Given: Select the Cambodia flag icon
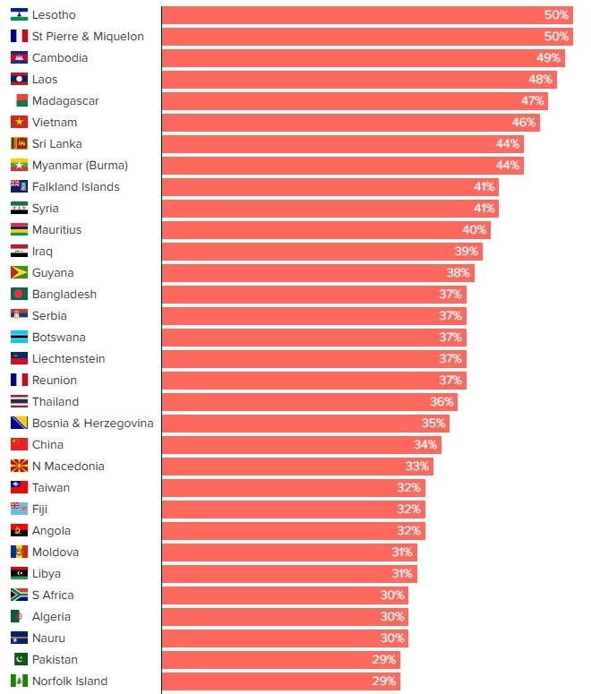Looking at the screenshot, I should click(19, 58).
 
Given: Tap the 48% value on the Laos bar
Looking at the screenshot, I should click(540, 80).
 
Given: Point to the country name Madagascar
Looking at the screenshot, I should click(65, 101).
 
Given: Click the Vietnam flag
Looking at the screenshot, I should click(19, 123).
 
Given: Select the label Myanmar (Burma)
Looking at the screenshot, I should click(80, 166).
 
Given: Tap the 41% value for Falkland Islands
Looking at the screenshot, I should click(484, 187).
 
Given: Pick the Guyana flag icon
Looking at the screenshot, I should click(19, 273).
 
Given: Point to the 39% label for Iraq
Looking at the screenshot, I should click(467, 252).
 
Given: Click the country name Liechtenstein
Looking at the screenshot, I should click(68, 359).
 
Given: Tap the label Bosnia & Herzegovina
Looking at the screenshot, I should click(92, 424).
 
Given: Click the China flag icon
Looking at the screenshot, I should click(19, 445).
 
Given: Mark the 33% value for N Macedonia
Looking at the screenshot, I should click(417, 467).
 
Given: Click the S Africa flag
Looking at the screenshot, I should click(19, 595).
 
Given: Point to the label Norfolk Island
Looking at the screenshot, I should click(70, 681).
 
